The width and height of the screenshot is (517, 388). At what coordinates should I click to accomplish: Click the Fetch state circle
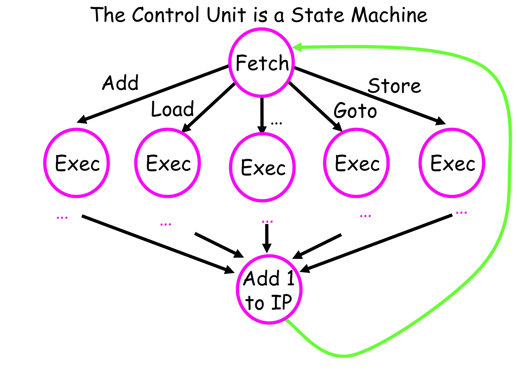(262, 63)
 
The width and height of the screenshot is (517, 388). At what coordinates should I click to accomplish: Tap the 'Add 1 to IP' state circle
(269, 289)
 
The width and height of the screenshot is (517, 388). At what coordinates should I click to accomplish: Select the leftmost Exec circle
(76, 163)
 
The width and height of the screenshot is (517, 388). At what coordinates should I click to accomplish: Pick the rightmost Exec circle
(452, 163)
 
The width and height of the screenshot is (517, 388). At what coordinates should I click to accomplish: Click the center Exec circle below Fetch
(262, 167)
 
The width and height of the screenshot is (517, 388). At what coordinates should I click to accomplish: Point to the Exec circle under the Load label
(168, 163)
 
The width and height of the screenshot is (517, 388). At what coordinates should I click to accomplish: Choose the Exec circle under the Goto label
(356, 163)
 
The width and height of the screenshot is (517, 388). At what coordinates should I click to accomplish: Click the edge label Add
(120, 83)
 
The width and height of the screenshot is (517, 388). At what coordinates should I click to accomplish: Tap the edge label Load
(172, 109)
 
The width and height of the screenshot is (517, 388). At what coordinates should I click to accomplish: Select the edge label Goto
(355, 111)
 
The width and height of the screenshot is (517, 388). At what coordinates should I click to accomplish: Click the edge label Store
(394, 86)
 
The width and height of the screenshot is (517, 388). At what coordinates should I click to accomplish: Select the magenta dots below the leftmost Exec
(62, 217)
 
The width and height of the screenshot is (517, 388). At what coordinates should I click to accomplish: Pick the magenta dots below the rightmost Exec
(461, 213)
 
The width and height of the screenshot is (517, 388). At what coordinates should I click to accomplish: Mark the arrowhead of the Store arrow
(441, 121)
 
